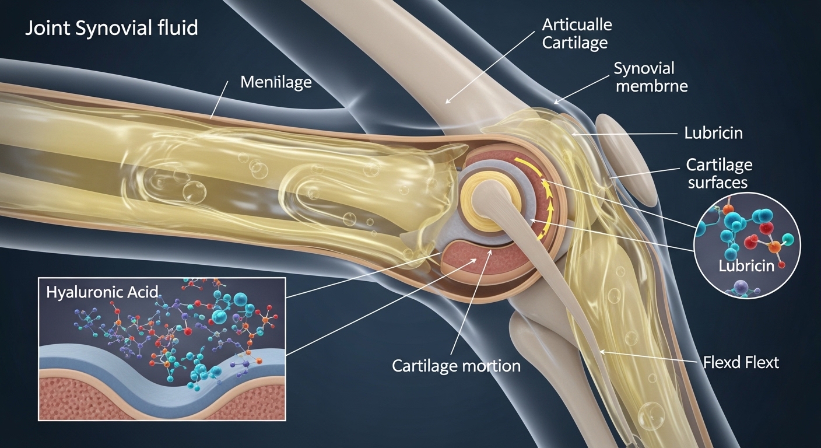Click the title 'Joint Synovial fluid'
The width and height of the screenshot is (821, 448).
coord(111,28)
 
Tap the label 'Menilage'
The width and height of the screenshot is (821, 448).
coord(276,82)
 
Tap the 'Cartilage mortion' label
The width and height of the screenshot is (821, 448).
coord(456,366)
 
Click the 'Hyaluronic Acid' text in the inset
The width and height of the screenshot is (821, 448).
coord(102,292)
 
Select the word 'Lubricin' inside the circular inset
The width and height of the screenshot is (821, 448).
coord(746,266)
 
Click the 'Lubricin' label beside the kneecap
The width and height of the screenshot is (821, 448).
coord(713,132)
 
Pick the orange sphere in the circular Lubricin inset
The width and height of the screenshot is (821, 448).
coord(775,247)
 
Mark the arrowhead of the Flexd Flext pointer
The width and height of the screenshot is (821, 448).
coord(601,351)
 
